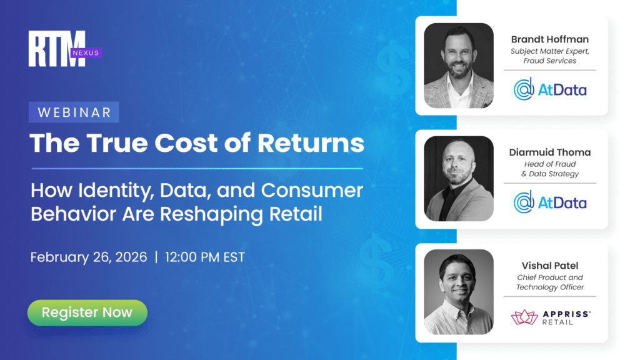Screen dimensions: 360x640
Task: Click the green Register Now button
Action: pyautogui.click(x=87, y=312)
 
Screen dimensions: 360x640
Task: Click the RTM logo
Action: pyautogui.click(x=56, y=48)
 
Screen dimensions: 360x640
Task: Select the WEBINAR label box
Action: pyautogui.click(x=74, y=112)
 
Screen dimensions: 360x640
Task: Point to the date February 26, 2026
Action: pyautogui.click(x=89, y=257)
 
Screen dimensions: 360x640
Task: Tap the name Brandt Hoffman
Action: pyautogui.click(x=549, y=39)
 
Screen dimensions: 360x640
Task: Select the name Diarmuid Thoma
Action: pyautogui.click(x=550, y=152)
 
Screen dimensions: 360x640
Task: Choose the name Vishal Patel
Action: pyautogui.click(x=550, y=265)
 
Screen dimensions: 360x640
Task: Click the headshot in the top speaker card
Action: pyautogui.click(x=459, y=66)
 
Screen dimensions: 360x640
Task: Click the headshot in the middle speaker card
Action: pyautogui.click(x=459, y=179)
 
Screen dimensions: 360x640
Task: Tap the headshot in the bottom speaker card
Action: pyautogui.click(x=459, y=292)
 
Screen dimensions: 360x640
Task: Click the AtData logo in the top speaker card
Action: pyautogui.click(x=550, y=89)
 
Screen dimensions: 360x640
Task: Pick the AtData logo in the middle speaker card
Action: pyautogui.click(x=550, y=202)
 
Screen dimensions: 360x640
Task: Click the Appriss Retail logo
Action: pyautogui.click(x=550, y=317)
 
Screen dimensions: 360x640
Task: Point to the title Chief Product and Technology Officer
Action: pyautogui.click(x=550, y=282)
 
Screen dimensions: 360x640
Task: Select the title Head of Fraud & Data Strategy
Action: pyautogui.click(x=550, y=169)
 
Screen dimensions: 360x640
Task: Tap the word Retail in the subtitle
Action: pyautogui.click(x=292, y=214)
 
